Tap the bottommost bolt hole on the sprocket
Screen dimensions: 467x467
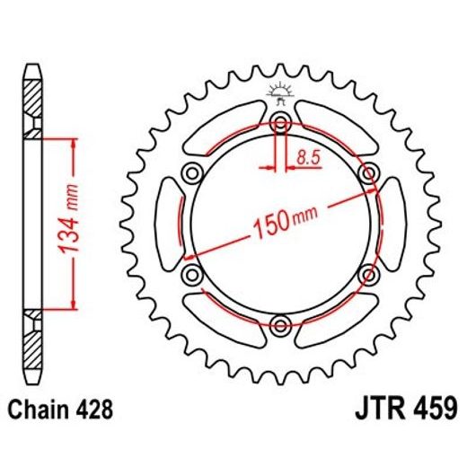(280, 324)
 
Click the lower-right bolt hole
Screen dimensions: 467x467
(367, 274)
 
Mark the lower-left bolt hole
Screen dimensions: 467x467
(191, 274)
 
